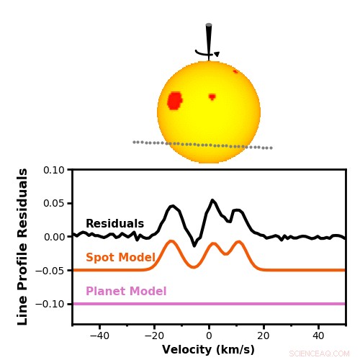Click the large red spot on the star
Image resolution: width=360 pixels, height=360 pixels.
(x=174, y=100)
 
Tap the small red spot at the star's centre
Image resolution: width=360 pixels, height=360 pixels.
(x=212, y=96)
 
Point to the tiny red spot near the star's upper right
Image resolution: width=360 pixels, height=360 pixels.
(x=235, y=71)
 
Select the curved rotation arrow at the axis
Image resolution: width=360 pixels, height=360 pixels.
(x=207, y=53)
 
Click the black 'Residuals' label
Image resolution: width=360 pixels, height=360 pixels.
(x=114, y=224)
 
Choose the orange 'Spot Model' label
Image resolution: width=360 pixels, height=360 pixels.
(x=120, y=258)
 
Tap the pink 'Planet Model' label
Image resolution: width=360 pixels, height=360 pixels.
(x=126, y=292)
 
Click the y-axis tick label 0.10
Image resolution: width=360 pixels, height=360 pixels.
(x=53, y=170)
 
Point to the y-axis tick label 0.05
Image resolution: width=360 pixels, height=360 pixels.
(x=53, y=204)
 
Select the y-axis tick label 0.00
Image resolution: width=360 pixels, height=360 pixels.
(x=53, y=237)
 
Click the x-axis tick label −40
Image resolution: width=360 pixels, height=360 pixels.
(x=98, y=335)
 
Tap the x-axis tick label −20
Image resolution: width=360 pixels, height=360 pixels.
(x=153, y=335)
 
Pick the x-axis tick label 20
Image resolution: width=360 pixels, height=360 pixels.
(x=264, y=335)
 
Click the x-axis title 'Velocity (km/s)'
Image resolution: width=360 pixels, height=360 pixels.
(x=208, y=350)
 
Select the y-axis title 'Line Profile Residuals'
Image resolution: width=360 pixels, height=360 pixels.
(x=23, y=246)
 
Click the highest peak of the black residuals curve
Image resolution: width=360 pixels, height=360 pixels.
(x=212, y=200)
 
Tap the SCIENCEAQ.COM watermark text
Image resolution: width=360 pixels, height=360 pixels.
(x=319, y=354)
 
